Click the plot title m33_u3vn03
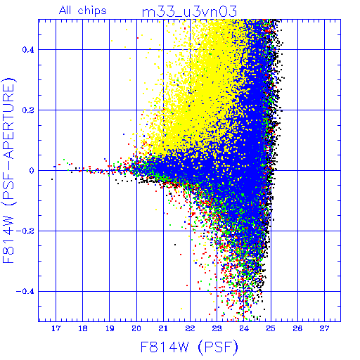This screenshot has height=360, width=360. tap(189, 12)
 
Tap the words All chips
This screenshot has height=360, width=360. tap(83, 11)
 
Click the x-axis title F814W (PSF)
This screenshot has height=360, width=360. tap(189, 347)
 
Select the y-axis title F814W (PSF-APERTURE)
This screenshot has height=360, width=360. tap(8, 170)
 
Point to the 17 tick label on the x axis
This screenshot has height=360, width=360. tap(56, 328)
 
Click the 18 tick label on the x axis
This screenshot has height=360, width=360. tap(83, 328)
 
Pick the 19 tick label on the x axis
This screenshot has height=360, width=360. tap(110, 328)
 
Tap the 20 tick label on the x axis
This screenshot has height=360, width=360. tap(136, 328)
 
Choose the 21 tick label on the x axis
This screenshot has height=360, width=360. tap(163, 328)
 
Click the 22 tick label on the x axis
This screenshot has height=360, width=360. tap(190, 328)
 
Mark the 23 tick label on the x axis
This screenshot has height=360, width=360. tap(217, 328)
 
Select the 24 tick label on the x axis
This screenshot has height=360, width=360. tap(244, 328)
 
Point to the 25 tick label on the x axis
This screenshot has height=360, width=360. tap(271, 328)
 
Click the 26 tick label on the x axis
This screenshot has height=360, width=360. tap(297, 328)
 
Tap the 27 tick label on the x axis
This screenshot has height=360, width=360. tap(325, 328)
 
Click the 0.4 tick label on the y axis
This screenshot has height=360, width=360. tap(28, 50)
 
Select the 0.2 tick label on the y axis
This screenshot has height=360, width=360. tap(28, 110)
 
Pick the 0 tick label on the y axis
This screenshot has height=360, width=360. tap(32, 171)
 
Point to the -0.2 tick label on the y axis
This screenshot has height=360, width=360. tap(25, 231)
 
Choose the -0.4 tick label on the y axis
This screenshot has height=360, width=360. tap(25, 292)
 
